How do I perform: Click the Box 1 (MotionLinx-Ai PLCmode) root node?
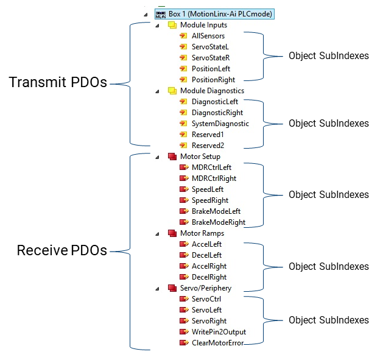(220, 13)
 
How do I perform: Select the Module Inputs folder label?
(203, 25)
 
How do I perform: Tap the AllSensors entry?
(208, 36)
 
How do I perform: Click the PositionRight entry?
(213, 80)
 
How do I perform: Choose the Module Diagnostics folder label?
(212, 91)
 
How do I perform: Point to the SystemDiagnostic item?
(220, 124)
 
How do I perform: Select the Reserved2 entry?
(208, 146)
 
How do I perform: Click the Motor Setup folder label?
(200, 157)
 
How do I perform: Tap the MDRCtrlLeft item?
(211, 168)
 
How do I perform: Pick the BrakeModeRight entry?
(219, 222)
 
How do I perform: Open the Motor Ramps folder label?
(202, 233)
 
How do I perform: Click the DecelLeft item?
(206, 255)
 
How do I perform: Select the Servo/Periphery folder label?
(206, 288)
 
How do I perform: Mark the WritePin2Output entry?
(219, 332)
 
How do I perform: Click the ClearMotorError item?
(217, 343)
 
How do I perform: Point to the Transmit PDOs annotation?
(58, 83)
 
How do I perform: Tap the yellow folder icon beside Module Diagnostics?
(172, 91)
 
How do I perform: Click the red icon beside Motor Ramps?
(172, 233)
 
